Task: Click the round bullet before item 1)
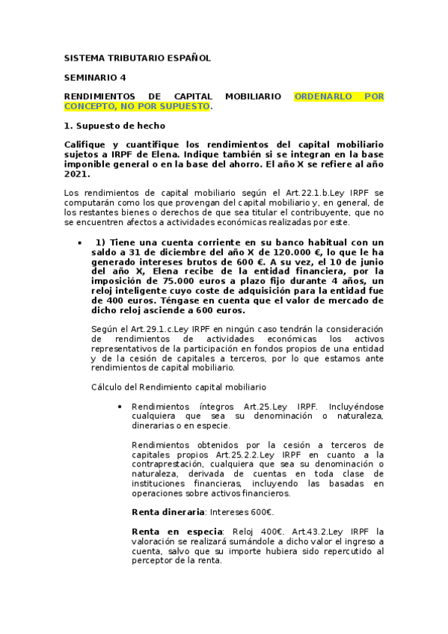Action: tap(79, 243)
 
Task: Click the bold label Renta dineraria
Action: tap(168, 512)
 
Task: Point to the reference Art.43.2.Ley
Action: tap(322, 531)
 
